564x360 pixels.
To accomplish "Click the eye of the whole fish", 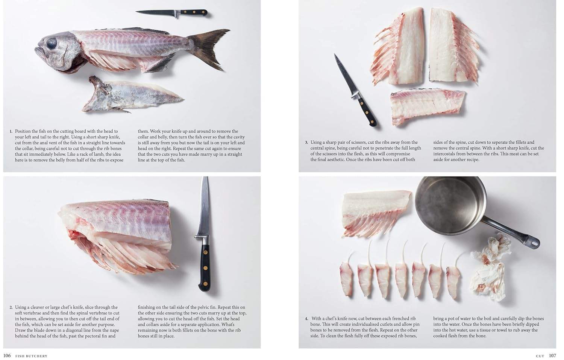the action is point(52,43).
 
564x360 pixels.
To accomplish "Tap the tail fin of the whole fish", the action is point(210,48).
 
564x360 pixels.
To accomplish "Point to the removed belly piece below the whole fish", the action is point(131,94).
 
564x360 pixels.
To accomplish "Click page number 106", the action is point(7,355).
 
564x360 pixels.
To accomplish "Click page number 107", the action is point(552,355).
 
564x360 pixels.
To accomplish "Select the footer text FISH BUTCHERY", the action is point(32,356).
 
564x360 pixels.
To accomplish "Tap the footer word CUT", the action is point(540,356).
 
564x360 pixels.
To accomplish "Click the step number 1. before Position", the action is point(11,131).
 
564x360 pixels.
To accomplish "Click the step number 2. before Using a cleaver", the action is point(11,307).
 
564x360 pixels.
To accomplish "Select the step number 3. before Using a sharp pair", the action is point(306,142).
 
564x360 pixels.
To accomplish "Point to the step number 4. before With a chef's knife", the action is point(306,319).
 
